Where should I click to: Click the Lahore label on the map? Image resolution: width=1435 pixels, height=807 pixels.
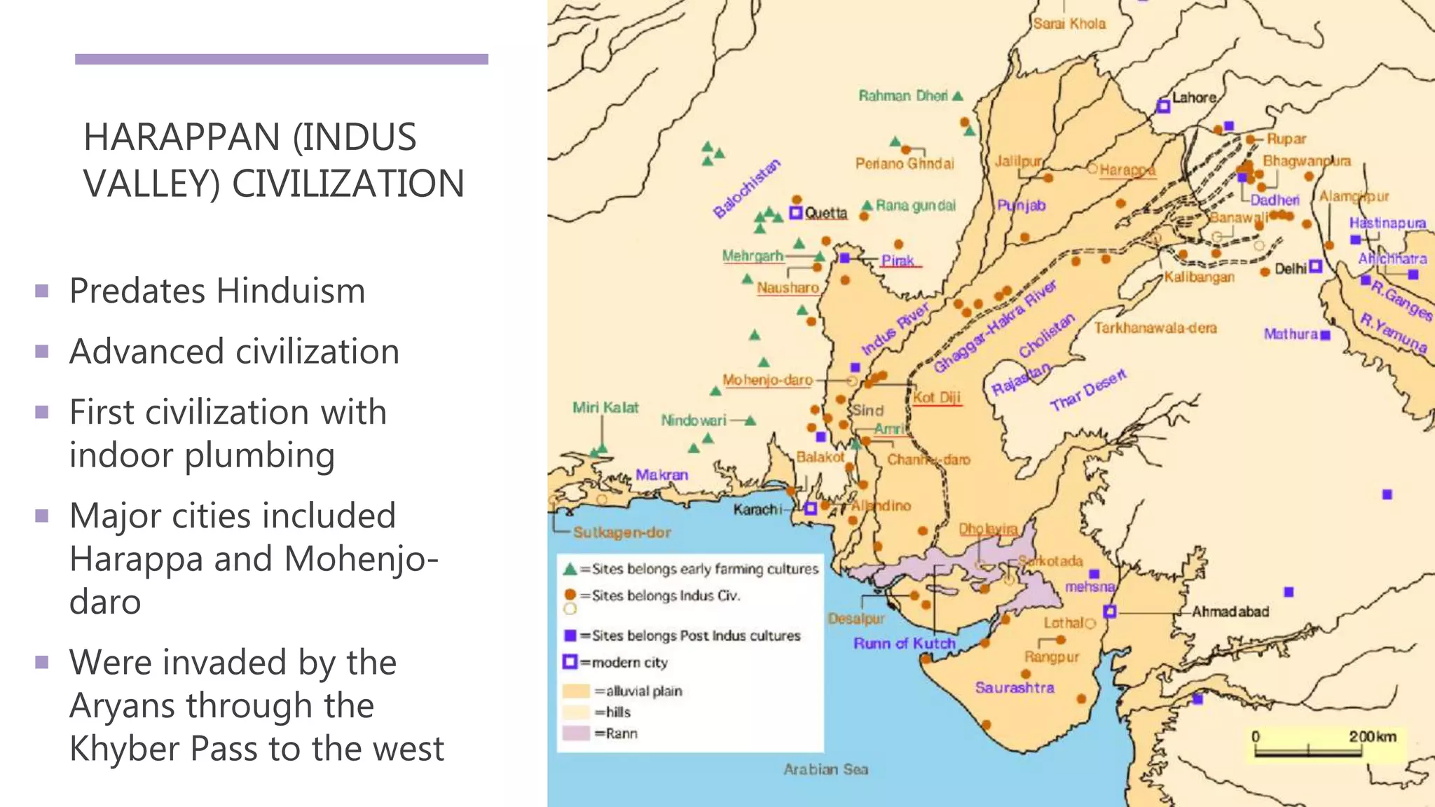1194,97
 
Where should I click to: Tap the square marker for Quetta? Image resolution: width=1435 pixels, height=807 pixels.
795,212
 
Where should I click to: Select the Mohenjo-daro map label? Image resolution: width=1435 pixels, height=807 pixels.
767,380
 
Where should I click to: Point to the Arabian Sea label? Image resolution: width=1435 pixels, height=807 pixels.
825,769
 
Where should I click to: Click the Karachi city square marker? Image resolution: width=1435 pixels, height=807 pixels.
810,509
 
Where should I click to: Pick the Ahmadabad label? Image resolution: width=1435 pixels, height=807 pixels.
1230,612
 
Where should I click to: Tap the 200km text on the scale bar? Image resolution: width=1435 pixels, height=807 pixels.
1372,736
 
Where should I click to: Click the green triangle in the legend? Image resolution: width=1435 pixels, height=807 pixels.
570,570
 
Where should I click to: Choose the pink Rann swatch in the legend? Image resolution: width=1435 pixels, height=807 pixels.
576,733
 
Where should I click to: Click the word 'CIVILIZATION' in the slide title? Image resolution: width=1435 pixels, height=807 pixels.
348,184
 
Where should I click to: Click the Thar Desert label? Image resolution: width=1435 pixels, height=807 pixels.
1087,389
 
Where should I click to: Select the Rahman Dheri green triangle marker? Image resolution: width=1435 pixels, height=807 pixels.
958,95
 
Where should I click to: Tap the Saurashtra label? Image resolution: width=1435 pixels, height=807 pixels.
1014,687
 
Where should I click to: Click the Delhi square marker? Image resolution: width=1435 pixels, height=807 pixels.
1315,266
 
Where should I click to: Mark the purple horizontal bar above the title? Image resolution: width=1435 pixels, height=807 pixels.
282,60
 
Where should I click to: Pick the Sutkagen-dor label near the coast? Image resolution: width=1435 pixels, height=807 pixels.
622,532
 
